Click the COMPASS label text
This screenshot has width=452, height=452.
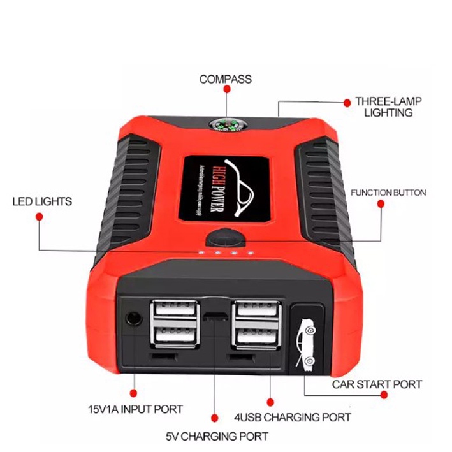(225, 80)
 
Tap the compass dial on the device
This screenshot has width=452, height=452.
(225, 126)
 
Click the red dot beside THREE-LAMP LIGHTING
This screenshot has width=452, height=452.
(347, 102)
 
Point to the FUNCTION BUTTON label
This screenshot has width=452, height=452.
(388, 193)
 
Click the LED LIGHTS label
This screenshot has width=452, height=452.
(42, 201)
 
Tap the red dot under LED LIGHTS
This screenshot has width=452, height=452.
(39, 217)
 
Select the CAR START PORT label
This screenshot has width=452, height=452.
(377, 384)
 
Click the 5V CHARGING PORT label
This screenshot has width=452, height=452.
(217, 437)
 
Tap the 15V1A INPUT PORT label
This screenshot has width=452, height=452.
(135, 409)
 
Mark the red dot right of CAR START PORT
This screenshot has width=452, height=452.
(385, 395)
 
